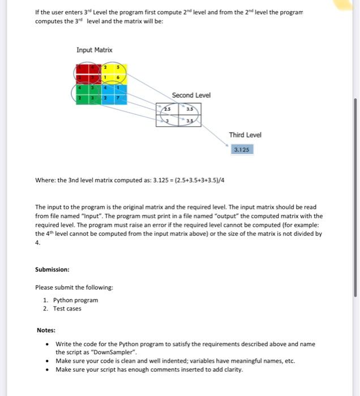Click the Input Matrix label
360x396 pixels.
pyautogui.click(x=95, y=50)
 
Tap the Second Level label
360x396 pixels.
pyautogui.click(x=191, y=95)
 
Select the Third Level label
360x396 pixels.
pyautogui.click(x=245, y=135)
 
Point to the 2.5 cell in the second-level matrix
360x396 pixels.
pyautogui.click(x=168, y=109)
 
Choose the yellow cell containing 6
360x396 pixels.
pyautogui.click(x=117, y=78)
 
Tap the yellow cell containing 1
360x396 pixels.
pyautogui.click(x=105, y=78)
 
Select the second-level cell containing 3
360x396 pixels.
pyautogui.click(x=168, y=120)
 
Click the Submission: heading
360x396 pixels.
pyautogui.click(x=52, y=269)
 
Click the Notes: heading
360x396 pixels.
pyautogui.click(x=46, y=330)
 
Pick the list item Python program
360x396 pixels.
pyautogui.click(x=75, y=300)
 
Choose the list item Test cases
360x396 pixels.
pyautogui.click(x=67, y=308)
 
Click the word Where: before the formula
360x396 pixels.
pyautogui.click(x=45, y=180)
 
